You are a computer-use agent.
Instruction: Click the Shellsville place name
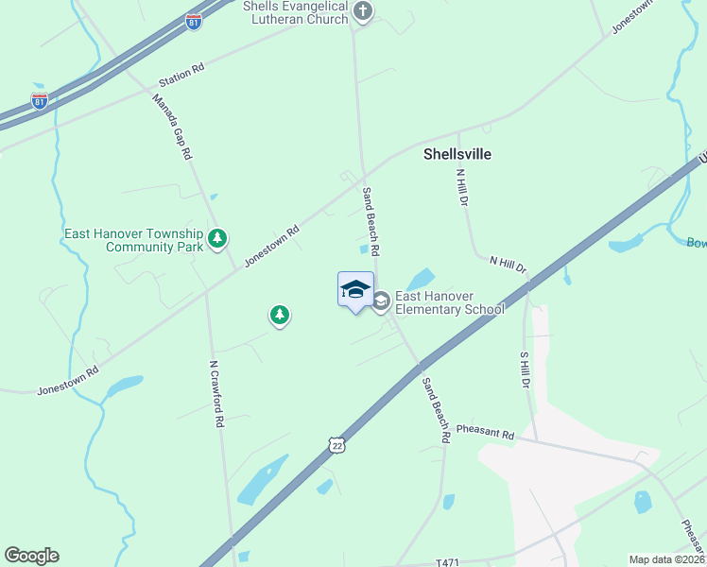click(457, 153)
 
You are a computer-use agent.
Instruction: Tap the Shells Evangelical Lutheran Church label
click(296, 12)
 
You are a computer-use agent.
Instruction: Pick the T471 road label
click(447, 562)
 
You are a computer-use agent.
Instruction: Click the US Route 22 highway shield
click(337, 444)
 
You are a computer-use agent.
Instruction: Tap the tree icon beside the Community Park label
click(218, 238)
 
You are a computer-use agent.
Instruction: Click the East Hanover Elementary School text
click(449, 302)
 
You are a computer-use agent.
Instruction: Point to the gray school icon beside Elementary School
click(381, 301)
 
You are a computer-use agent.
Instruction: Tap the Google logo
click(31, 556)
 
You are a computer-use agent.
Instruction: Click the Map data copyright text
click(667, 559)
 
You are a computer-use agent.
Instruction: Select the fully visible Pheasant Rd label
click(485, 433)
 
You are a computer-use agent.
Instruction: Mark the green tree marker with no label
click(279, 315)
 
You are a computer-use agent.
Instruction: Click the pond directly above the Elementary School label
click(420, 280)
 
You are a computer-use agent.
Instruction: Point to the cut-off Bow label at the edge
click(696, 243)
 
